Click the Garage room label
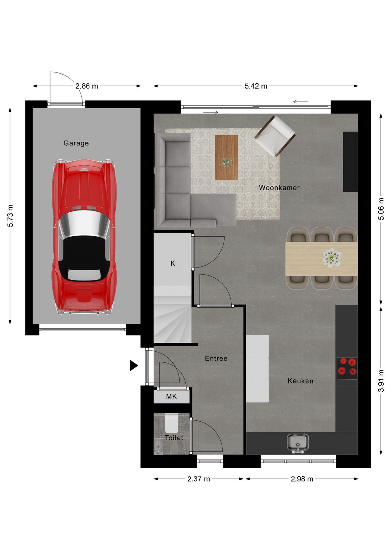(x=76, y=143)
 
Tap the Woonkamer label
(x=279, y=188)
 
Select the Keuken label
(x=300, y=381)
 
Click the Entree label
(x=216, y=358)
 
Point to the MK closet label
(x=171, y=396)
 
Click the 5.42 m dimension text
(x=256, y=86)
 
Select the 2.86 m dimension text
(x=87, y=86)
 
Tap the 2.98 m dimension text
(x=302, y=479)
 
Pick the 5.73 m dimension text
(x=10, y=216)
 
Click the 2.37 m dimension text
(x=198, y=479)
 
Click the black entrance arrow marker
(x=134, y=366)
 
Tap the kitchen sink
(x=298, y=443)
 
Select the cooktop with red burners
(x=347, y=368)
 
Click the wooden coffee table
(x=226, y=157)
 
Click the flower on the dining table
(x=332, y=257)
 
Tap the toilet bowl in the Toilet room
(x=171, y=424)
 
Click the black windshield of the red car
(x=84, y=250)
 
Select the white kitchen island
(x=257, y=369)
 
